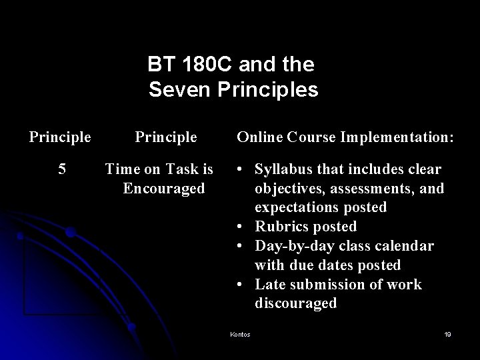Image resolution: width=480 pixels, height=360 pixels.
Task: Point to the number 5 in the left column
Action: tap(62, 169)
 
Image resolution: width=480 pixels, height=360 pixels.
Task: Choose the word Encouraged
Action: tap(164, 188)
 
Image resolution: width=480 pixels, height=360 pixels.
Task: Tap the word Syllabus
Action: tap(285, 169)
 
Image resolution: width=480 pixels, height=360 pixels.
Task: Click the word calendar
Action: tap(403, 246)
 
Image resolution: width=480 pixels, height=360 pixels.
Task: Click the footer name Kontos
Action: tap(239, 335)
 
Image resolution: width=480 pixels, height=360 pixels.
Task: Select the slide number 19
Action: tap(447, 335)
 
